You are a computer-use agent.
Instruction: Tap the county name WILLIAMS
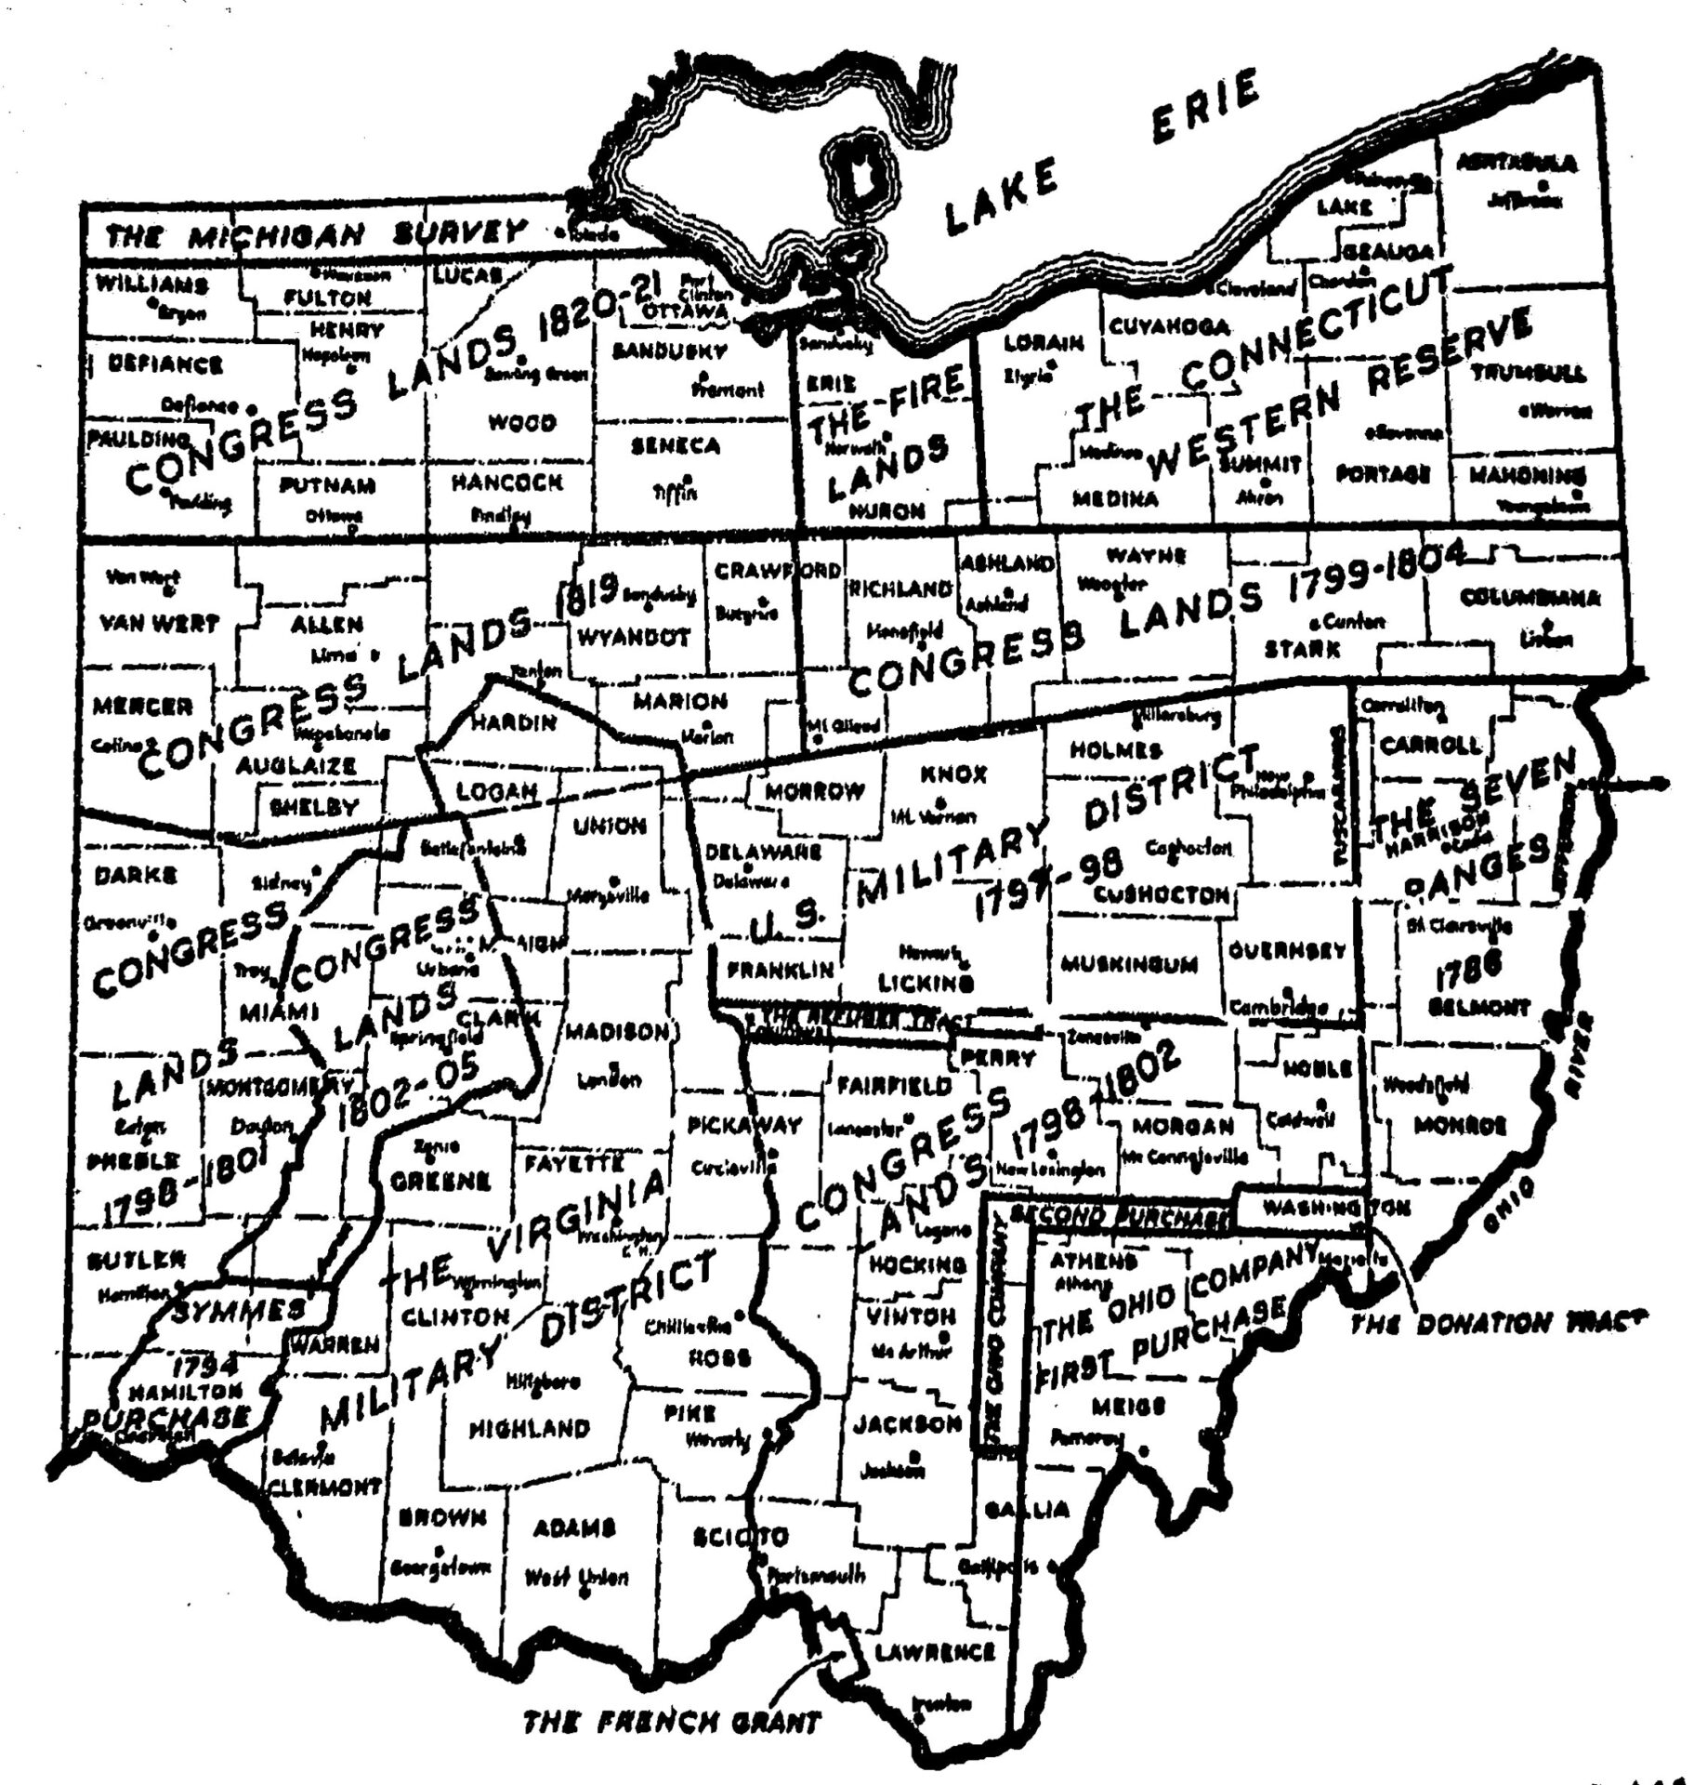(x=152, y=284)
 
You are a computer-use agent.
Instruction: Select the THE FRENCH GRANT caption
(x=672, y=1722)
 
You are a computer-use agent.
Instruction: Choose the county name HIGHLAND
(x=529, y=1428)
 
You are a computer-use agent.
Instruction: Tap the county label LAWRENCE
(x=934, y=1652)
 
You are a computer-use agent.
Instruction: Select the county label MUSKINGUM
(x=1130, y=963)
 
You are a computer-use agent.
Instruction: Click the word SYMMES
(x=237, y=1309)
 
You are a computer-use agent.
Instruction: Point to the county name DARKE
(x=136, y=876)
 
